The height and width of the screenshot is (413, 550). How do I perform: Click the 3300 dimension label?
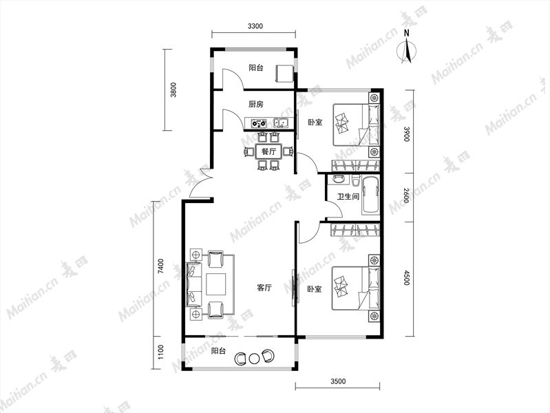[255, 26]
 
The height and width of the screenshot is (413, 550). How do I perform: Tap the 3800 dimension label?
[173, 89]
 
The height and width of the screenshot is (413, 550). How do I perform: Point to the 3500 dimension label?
[338, 381]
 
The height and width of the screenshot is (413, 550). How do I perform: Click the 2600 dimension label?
[406, 195]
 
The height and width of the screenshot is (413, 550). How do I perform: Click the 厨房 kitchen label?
[255, 104]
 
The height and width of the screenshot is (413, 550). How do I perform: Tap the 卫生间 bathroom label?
[348, 196]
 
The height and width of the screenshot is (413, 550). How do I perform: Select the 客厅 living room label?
[264, 288]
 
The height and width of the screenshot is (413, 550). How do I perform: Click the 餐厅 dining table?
[268, 152]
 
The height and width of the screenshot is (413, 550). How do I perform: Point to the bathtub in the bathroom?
[370, 195]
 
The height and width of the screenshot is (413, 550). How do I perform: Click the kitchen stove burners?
[259, 123]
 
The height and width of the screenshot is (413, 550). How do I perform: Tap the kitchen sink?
[281, 123]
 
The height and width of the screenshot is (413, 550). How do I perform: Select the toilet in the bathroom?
[355, 180]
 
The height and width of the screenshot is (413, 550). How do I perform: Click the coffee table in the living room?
[216, 284]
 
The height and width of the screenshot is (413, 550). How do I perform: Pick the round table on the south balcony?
[253, 359]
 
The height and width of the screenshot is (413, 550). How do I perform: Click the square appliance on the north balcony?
[285, 73]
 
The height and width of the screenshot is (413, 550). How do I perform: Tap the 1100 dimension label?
[160, 352]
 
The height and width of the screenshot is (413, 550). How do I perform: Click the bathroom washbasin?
[338, 179]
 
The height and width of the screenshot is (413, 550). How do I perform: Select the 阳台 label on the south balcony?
[218, 351]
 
